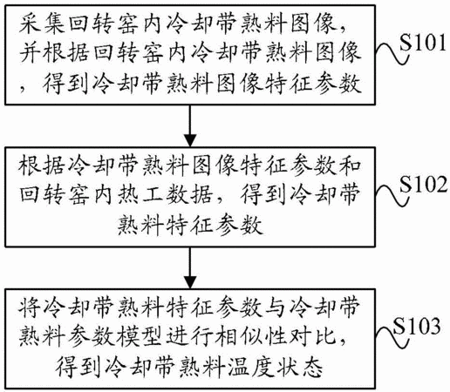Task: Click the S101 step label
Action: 423,43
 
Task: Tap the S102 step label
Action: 423,185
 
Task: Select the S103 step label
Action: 416,326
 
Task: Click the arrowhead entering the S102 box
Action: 190,141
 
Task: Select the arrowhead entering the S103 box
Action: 190,282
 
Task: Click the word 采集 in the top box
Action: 42,24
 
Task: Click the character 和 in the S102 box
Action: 351,166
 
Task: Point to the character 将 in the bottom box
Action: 30,308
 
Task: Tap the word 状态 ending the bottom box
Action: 300,367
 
